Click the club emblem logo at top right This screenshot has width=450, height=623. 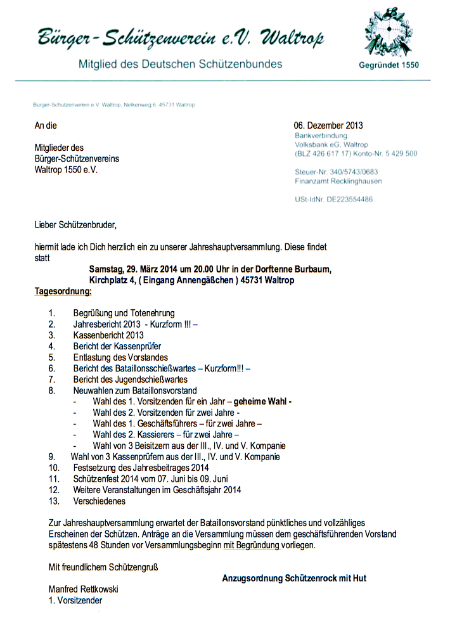point(389,33)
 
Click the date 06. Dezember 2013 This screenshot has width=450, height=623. point(328,125)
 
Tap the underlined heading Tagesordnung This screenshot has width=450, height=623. point(63,292)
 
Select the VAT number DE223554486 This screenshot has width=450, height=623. point(349,199)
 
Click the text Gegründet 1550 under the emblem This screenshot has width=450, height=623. point(389,65)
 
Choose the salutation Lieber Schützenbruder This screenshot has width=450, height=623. point(76,224)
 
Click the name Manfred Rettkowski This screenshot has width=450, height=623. point(83,589)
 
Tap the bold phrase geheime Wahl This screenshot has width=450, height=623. point(260,401)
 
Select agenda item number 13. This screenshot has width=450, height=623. point(54,501)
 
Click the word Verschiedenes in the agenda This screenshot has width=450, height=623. point(99,501)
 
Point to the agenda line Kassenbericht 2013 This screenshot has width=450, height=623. point(108,335)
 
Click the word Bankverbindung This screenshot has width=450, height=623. point(321,136)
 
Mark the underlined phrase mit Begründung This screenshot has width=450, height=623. point(252,545)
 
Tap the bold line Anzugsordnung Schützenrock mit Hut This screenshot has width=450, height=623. point(294,578)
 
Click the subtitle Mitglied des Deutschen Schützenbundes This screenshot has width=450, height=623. point(180,64)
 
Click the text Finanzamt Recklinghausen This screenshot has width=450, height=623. point(338,181)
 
